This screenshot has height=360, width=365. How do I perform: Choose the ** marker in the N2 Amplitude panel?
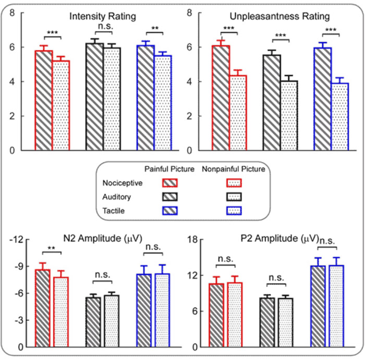pos(52,247)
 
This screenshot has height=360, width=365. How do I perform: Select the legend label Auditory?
pos(117,197)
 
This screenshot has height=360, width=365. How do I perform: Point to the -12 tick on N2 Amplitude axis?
pos(19,239)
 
